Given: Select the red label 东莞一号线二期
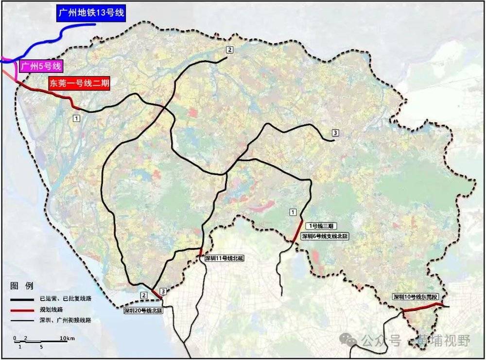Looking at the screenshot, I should tap(79, 83).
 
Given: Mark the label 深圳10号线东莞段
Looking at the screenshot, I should tap(416, 296).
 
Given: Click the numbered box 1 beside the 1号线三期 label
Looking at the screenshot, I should tap(293, 211).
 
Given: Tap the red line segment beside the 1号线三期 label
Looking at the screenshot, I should tap(297, 230).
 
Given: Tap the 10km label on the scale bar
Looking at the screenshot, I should tap(67, 338).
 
